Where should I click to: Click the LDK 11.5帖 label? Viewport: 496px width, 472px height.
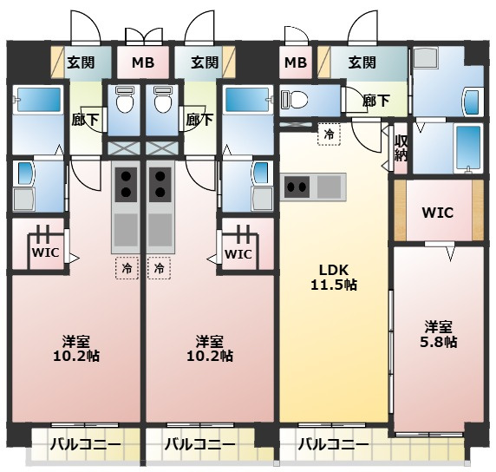334,278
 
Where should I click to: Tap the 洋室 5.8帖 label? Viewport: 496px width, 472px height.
439,334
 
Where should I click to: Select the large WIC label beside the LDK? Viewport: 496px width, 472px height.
438,213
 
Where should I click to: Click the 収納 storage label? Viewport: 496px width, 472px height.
400,148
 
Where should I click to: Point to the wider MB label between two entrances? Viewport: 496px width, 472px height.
143,62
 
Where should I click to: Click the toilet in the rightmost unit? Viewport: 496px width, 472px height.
294,99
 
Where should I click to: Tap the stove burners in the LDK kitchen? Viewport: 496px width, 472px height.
297,187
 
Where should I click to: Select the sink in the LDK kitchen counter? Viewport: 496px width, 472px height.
329,187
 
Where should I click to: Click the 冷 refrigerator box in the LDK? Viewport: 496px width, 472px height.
329,134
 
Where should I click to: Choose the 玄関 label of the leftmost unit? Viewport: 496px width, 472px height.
81,62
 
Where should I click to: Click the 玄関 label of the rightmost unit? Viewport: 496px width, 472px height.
362,62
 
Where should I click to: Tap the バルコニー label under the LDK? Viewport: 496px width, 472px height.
334,445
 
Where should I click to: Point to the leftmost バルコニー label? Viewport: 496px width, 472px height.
85,445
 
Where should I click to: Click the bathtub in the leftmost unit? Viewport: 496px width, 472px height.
38,100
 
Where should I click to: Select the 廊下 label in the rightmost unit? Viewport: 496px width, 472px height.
375,101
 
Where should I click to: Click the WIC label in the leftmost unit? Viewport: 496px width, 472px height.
46,252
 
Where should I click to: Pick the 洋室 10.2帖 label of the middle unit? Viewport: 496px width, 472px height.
210,349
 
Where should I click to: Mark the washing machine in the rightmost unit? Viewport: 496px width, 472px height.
426,57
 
